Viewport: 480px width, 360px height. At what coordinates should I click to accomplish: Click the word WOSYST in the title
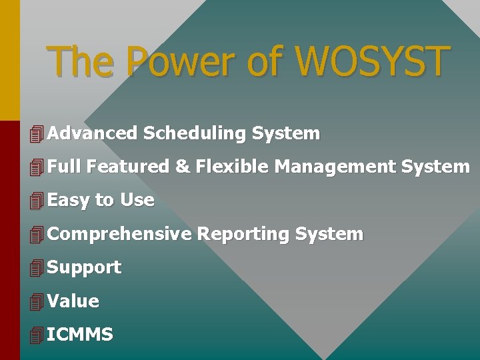click(372, 61)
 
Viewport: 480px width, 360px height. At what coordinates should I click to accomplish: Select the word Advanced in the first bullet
click(92, 133)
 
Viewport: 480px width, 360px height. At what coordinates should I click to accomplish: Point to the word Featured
click(129, 167)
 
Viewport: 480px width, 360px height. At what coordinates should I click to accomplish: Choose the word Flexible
click(232, 167)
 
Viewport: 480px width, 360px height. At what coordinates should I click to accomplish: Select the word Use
click(137, 200)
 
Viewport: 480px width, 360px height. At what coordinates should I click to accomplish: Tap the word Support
click(84, 267)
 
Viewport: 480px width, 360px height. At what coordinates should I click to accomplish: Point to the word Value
click(73, 301)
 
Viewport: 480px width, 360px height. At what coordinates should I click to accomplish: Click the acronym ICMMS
click(80, 335)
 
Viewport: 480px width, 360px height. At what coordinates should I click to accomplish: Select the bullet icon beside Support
click(37, 268)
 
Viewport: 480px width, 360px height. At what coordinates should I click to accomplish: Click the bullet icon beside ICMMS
click(37, 335)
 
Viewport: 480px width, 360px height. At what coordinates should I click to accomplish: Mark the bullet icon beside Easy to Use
click(37, 201)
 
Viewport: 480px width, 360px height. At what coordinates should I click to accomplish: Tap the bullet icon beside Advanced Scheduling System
click(37, 134)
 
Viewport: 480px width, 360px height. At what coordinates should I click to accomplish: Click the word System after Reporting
click(329, 234)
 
